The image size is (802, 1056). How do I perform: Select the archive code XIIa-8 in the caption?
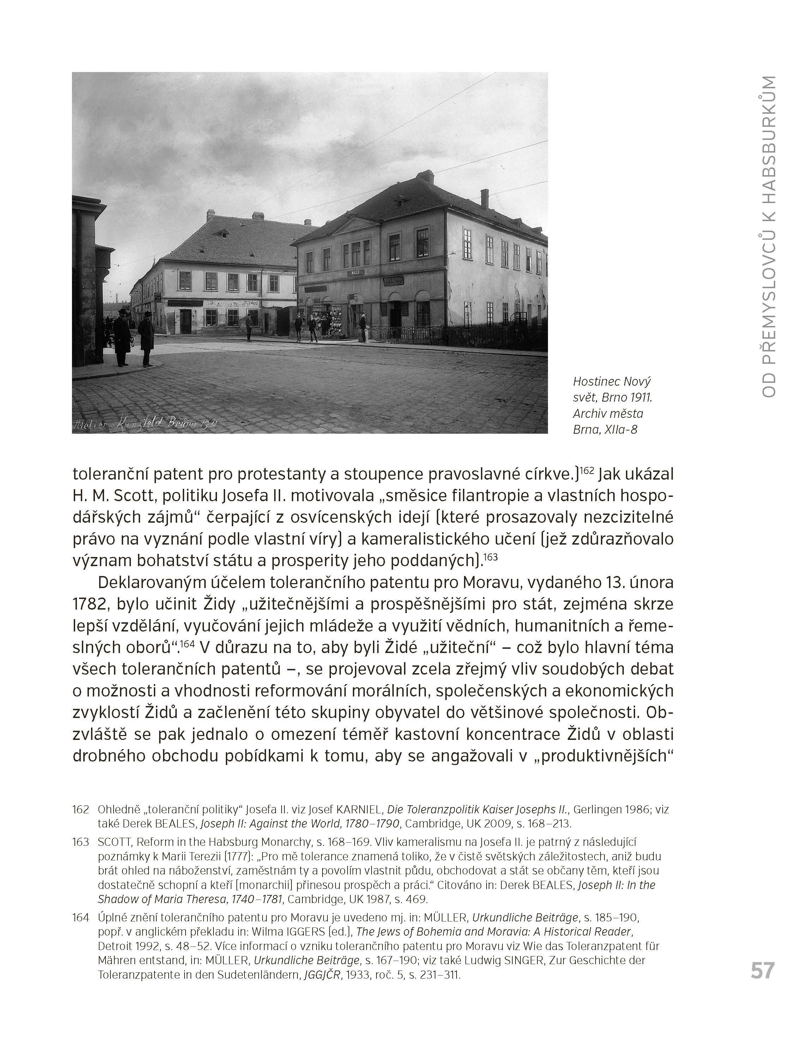[x=621, y=429]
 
